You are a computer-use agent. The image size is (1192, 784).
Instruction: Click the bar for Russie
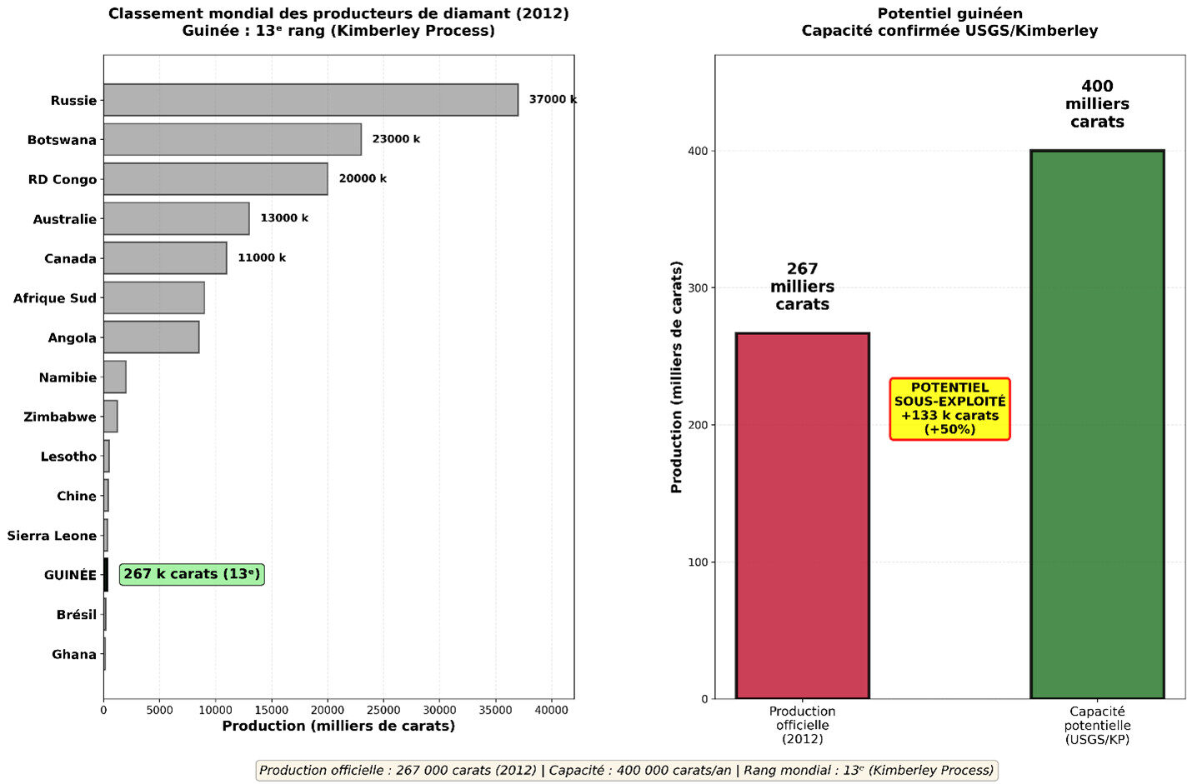[x=310, y=100]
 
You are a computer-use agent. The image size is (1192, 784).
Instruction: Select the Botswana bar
[x=232, y=139]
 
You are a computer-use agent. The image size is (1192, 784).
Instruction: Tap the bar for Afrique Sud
[x=153, y=297]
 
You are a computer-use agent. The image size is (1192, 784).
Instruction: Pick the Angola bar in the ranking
[x=151, y=337]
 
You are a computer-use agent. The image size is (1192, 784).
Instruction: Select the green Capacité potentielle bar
[x=1097, y=424]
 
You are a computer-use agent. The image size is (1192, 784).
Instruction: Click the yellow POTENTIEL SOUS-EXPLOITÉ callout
[x=949, y=409]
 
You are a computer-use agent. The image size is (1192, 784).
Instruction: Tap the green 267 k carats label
[x=192, y=574]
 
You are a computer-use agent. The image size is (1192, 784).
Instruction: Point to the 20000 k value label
[x=363, y=178]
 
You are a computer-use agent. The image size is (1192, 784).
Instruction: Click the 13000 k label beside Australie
[x=284, y=218]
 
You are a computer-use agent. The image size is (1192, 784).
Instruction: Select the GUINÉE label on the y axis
[x=70, y=575]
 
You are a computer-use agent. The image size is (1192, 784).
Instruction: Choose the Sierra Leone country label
[x=52, y=536]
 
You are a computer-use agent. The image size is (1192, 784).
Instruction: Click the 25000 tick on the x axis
[x=383, y=711]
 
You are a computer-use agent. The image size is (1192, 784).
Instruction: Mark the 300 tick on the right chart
[x=698, y=288]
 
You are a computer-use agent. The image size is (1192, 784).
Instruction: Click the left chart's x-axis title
[x=338, y=727]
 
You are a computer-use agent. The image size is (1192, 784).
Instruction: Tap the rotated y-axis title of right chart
[x=677, y=377]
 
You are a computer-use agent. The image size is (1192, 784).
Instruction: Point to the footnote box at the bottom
[x=626, y=771]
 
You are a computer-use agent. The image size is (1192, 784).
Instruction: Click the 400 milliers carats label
[x=1097, y=104]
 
